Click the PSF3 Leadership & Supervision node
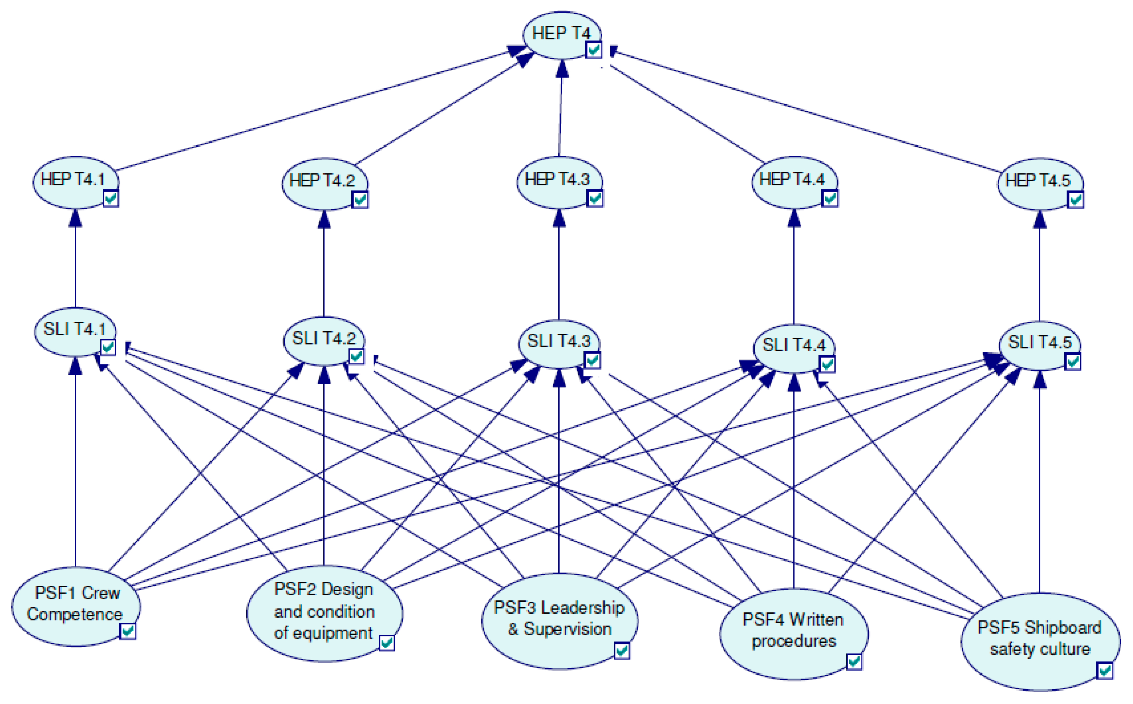tap(559, 619)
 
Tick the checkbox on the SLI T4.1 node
tap(108, 347)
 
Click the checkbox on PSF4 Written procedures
tap(854, 662)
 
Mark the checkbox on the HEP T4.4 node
tap(830, 199)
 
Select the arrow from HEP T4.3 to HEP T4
tap(560, 112)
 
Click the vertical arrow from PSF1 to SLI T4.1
tap(75, 466)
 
